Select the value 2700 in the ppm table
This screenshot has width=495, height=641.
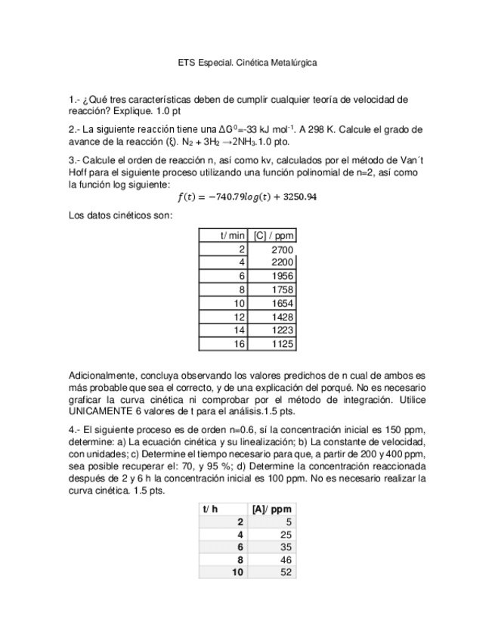click(x=281, y=249)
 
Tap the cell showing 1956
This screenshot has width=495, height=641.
click(x=281, y=276)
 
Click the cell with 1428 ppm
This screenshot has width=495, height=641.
click(x=281, y=317)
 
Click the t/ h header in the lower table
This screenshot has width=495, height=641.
click(x=210, y=509)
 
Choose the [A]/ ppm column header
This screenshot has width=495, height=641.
click(x=272, y=509)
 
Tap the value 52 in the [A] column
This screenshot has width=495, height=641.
click(x=286, y=573)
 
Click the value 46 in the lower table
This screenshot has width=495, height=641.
click(x=286, y=560)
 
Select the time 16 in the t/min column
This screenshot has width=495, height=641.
click(x=240, y=344)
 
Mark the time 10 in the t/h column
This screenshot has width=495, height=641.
click(x=238, y=573)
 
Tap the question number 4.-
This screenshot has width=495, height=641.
click(x=74, y=427)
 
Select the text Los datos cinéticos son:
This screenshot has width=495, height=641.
click(x=120, y=215)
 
